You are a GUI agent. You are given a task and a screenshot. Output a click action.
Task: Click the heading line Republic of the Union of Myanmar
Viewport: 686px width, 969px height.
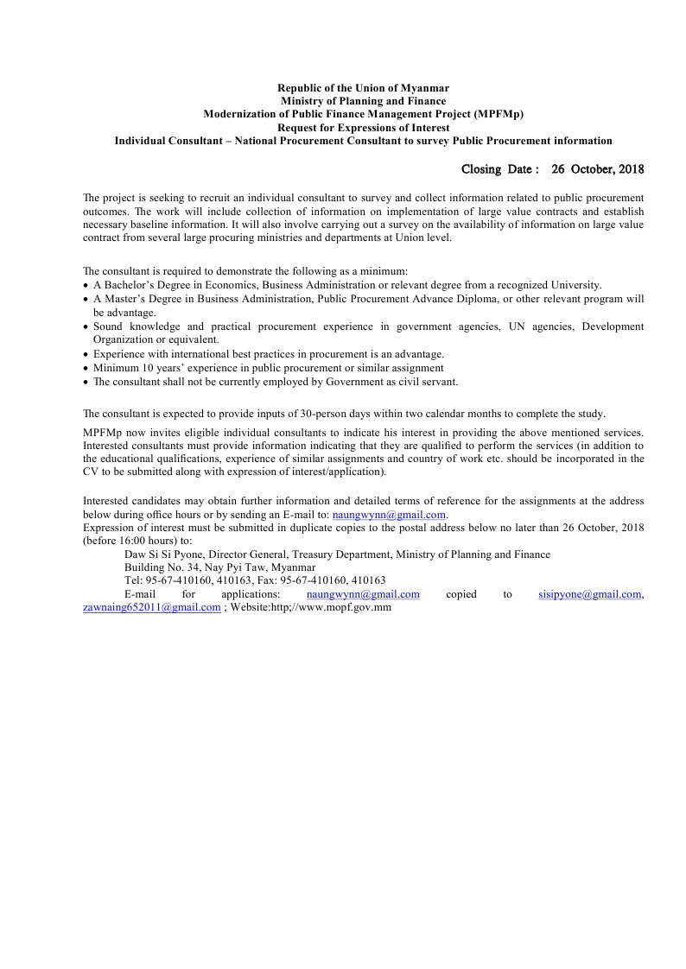point(363,88)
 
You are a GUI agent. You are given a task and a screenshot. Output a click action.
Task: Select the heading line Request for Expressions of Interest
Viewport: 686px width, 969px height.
point(363,127)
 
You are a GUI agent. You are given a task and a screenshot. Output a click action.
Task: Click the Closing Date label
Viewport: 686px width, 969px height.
point(499,169)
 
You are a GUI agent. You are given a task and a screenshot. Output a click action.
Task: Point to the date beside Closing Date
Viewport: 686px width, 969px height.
point(598,169)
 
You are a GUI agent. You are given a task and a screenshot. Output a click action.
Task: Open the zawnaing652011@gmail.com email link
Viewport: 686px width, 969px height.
point(152,607)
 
